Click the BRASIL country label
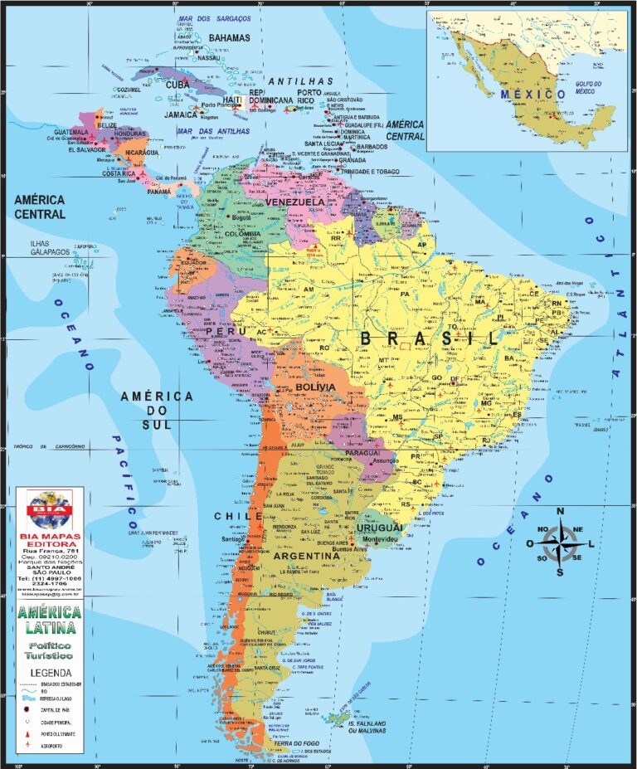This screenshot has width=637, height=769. click(x=430, y=338)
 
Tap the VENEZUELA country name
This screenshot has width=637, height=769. click(x=295, y=202)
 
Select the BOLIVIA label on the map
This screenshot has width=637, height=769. click(x=314, y=387)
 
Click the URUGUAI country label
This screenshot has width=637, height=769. click(x=380, y=528)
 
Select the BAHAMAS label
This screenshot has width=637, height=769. click(x=230, y=38)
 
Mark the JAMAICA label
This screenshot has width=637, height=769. click(x=181, y=114)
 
